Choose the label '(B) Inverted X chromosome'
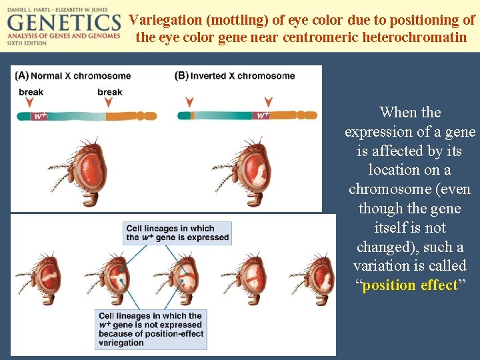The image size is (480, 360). pos(235,76)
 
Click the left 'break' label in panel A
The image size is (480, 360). pos(31,92)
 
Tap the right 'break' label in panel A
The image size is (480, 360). pos(109,92)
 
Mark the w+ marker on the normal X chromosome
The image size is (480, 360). pos(40,116)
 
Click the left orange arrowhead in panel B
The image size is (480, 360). pos(190,102)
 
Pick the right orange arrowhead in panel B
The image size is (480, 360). pos(268,102)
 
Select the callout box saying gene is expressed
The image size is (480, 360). pos(177,233)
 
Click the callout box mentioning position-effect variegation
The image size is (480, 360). pos(150,329)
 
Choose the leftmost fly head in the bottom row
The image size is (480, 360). pos(33,280)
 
